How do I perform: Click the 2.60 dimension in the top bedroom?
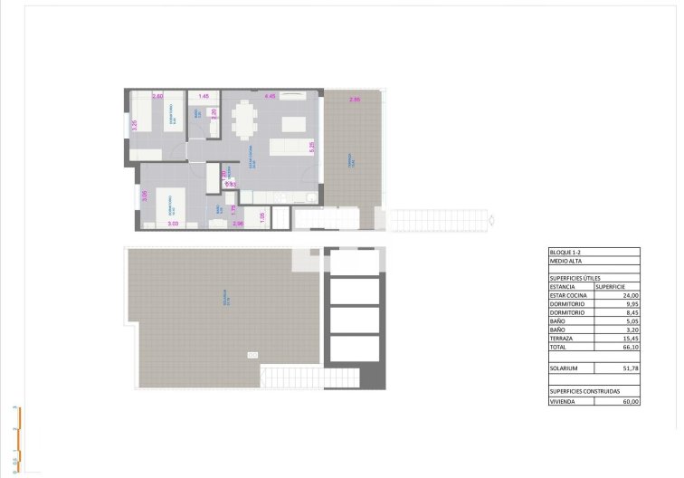(x=157, y=96)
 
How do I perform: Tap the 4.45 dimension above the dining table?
(x=269, y=96)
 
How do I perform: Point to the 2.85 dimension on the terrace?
(x=355, y=99)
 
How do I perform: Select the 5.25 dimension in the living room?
(x=311, y=145)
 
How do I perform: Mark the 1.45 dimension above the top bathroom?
(x=204, y=96)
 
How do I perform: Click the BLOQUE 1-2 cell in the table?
(x=566, y=252)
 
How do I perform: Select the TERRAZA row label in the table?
(x=565, y=338)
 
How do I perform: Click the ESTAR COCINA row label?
(x=569, y=295)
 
